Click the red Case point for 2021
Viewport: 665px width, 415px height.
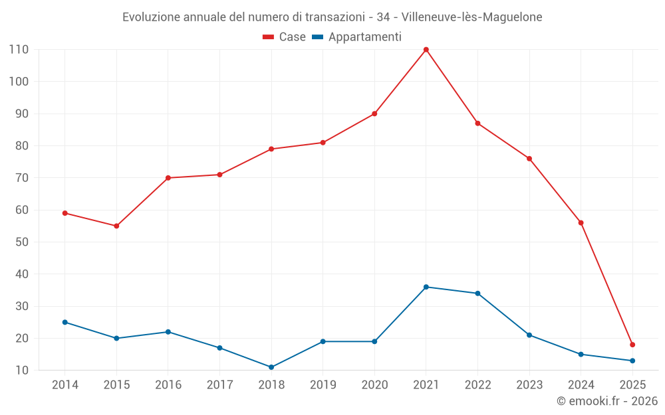[x=426, y=50]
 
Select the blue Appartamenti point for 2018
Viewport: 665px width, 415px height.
[x=271, y=367]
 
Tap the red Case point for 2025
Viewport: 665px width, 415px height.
[x=632, y=345]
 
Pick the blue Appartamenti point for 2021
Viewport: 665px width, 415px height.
[x=426, y=287]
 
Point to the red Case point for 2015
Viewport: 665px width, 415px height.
[x=116, y=226]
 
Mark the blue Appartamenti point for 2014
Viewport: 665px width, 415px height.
[x=65, y=322]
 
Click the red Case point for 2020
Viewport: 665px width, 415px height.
[x=374, y=114]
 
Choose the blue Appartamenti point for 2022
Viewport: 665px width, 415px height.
[x=477, y=293]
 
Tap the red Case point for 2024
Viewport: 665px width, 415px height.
[x=581, y=222]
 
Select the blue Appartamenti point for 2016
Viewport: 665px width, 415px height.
[x=168, y=332]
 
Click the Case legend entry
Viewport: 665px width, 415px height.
[x=284, y=37]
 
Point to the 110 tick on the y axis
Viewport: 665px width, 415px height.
[x=19, y=50]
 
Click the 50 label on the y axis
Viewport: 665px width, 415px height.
[x=21, y=242]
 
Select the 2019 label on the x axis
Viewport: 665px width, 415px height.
[x=323, y=385]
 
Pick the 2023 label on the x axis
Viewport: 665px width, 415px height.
[x=529, y=385]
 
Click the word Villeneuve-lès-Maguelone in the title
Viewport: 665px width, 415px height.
[x=472, y=17]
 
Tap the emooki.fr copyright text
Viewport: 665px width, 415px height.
[x=606, y=401]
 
